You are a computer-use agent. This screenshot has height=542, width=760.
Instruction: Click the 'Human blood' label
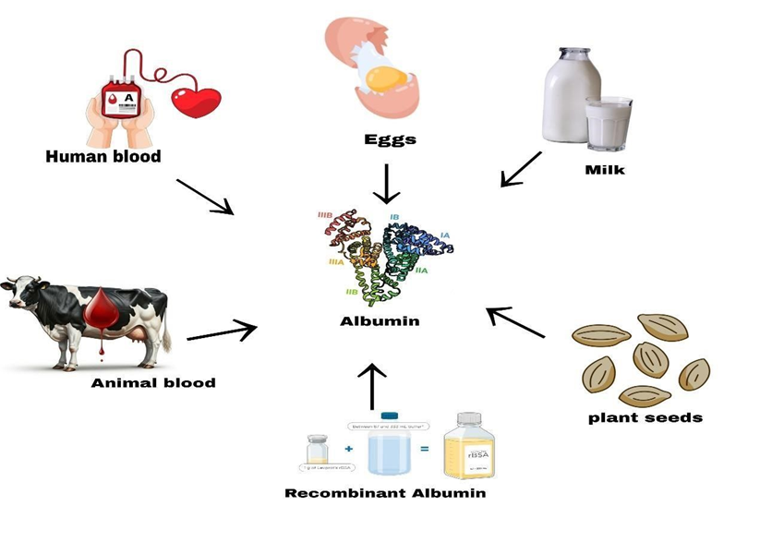click(x=103, y=156)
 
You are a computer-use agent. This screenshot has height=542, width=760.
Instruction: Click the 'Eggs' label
click(x=390, y=140)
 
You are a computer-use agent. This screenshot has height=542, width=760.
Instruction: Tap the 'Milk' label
click(x=605, y=170)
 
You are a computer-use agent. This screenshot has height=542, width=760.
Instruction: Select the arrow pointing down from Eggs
click(x=386, y=183)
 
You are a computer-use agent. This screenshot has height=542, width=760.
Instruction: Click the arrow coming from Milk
click(x=521, y=168)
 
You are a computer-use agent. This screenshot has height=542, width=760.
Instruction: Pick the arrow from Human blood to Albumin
click(x=206, y=196)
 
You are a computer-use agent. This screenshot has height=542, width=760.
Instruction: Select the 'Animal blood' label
click(x=152, y=382)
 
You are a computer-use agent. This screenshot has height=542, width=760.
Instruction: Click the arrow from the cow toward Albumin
click(x=222, y=331)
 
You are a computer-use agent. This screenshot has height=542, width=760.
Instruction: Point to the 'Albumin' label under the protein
click(x=380, y=321)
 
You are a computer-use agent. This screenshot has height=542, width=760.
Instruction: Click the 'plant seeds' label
click(x=645, y=417)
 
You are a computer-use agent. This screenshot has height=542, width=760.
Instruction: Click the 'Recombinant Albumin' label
click(x=384, y=493)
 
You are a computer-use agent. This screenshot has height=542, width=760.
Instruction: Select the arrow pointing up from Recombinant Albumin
click(x=371, y=385)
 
